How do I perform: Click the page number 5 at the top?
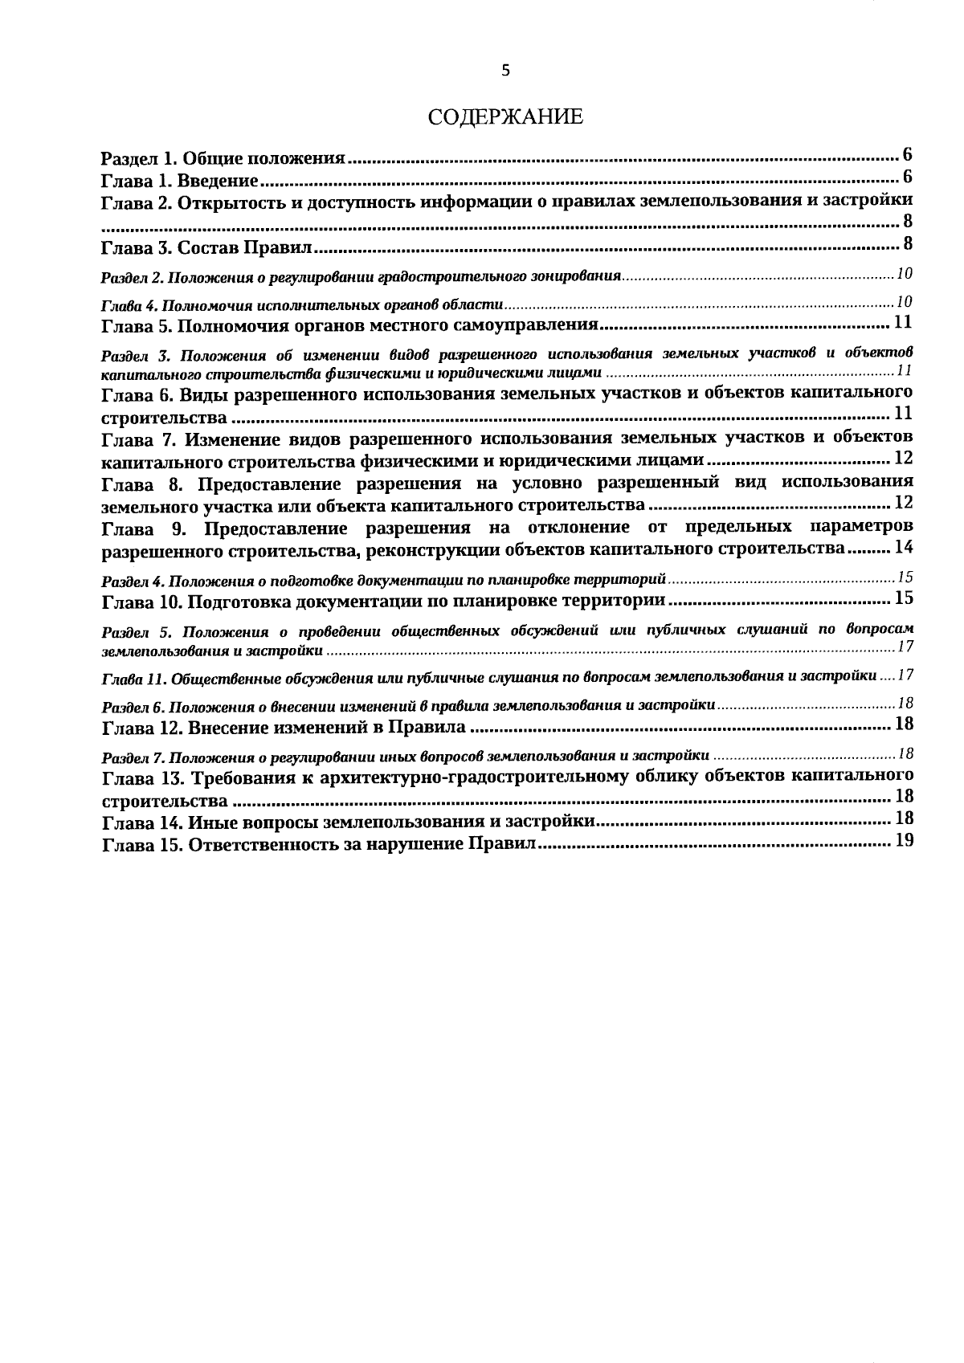(x=505, y=71)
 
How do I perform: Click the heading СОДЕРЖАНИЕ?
(x=505, y=117)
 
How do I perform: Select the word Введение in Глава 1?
(x=217, y=180)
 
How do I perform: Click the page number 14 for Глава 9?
(x=904, y=549)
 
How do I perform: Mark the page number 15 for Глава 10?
(x=904, y=599)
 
